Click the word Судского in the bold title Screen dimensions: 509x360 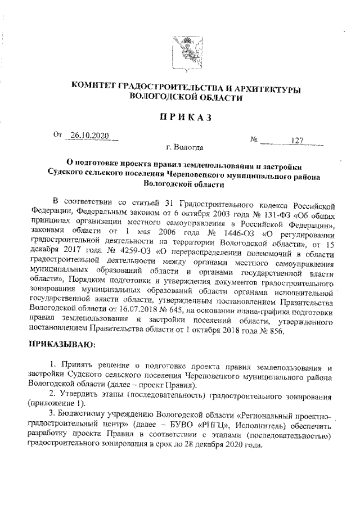click(x=69, y=175)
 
